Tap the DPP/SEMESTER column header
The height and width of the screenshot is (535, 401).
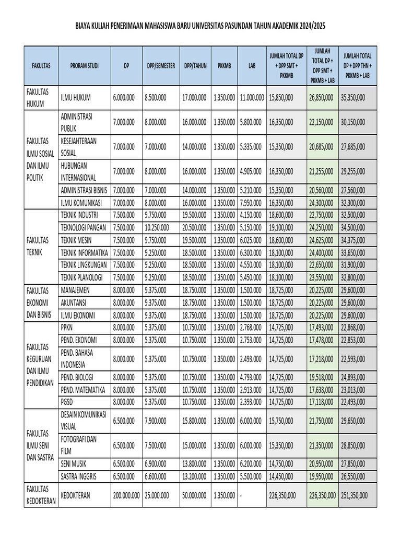[159, 66]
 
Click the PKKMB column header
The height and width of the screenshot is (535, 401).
[224, 66]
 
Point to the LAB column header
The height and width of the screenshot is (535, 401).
[252, 66]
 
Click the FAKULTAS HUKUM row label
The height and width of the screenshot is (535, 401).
[38, 97]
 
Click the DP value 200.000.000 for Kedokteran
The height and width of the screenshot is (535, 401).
[126, 495]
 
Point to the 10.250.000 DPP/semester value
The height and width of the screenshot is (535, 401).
[159, 228]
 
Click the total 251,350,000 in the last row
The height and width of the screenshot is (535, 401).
[353, 495]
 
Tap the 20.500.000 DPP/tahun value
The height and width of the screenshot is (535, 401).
[195, 228]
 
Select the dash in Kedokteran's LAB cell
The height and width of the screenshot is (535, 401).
[241, 495]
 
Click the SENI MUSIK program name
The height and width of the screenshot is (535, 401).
[74, 463]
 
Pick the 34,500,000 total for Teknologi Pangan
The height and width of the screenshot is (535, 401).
[352, 228]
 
